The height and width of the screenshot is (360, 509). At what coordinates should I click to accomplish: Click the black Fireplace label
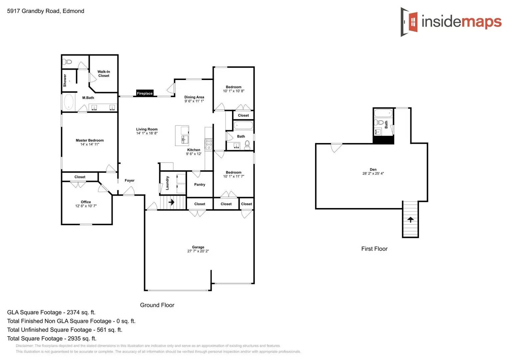click(x=145, y=93)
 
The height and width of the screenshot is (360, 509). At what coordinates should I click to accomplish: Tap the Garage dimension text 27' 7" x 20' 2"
click(x=198, y=251)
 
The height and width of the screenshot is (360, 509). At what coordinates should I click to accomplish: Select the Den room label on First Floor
click(x=373, y=169)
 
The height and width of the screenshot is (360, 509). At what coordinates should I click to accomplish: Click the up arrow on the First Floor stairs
click(x=410, y=220)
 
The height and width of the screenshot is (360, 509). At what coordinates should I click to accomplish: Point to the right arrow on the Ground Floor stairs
click(x=171, y=202)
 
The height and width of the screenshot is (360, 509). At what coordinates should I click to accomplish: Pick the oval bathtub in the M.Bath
click(x=69, y=102)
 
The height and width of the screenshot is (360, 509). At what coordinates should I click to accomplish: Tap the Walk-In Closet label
click(x=104, y=74)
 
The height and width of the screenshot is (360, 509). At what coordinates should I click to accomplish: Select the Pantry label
click(x=200, y=185)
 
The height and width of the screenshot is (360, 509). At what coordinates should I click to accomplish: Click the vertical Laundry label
click(x=167, y=183)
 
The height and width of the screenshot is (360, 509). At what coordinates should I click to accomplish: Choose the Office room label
click(x=86, y=202)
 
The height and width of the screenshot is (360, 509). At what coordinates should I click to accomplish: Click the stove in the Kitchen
click(x=209, y=144)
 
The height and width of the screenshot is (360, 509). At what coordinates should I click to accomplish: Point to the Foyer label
click(x=129, y=181)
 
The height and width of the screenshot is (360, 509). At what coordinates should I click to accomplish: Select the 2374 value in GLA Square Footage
click(x=73, y=313)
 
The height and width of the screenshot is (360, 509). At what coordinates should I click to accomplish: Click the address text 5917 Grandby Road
click(x=33, y=11)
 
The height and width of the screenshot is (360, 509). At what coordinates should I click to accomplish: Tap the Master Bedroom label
click(x=90, y=140)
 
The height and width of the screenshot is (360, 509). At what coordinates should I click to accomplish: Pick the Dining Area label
click(x=194, y=97)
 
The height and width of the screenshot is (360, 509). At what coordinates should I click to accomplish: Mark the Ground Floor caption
click(x=157, y=305)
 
